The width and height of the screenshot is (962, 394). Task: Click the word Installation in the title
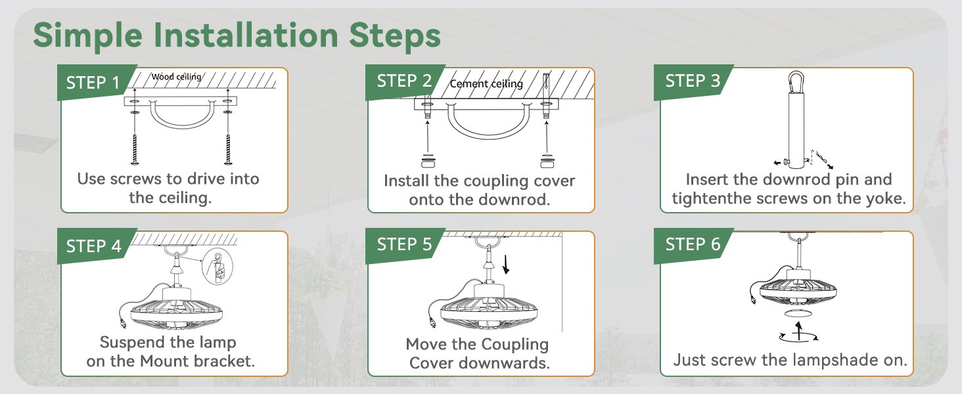(246, 35)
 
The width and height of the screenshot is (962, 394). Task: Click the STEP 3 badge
(693, 81)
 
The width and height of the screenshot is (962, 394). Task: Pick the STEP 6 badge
(693, 245)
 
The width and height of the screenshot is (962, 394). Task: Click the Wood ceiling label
(176, 77)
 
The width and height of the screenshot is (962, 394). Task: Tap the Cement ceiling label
(486, 83)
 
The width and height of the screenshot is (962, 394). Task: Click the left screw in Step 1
(135, 148)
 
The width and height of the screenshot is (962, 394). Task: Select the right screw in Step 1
(227, 148)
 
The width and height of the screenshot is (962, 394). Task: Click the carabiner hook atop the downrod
(796, 81)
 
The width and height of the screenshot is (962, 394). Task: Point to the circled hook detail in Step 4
(218, 267)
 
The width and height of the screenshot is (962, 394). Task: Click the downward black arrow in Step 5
(506, 265)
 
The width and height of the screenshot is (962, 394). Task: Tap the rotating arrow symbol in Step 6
(799, 333)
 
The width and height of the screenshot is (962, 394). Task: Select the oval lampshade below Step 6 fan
(798, 313)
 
